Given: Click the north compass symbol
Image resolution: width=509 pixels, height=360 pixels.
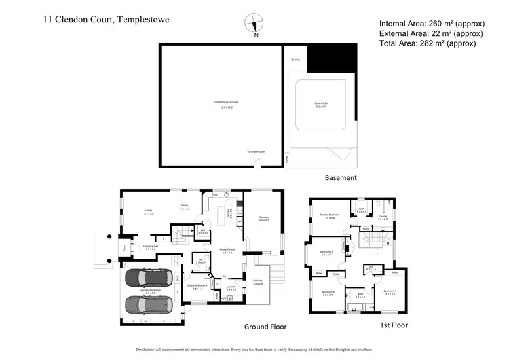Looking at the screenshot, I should click(x=254, y=22).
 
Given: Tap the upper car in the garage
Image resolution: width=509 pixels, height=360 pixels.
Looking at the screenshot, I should click(x=152, y=278).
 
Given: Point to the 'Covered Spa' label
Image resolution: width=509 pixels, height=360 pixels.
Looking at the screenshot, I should click(x=321, y=103).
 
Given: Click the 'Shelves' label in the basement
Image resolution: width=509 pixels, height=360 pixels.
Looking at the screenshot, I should click(x=295, y=60).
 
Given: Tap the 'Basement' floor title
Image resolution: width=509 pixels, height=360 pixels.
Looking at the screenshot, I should click(x=341, y=178).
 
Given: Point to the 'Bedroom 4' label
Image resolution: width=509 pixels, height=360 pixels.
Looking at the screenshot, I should click(x=390, y=292).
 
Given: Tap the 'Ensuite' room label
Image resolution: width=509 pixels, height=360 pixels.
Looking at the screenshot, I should click(x=383, y=216).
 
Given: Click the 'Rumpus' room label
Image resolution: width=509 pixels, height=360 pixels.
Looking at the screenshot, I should click(x=264, y=217).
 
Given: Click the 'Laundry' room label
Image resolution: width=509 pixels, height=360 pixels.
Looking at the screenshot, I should click(x=231, y=287).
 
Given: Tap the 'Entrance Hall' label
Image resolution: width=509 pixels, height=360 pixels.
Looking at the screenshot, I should click(x=150, y=246).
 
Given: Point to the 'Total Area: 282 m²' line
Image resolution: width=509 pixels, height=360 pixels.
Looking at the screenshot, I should click(x=428, y=43).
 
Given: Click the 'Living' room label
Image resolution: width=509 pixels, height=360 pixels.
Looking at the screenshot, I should click(x=148, y=211).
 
